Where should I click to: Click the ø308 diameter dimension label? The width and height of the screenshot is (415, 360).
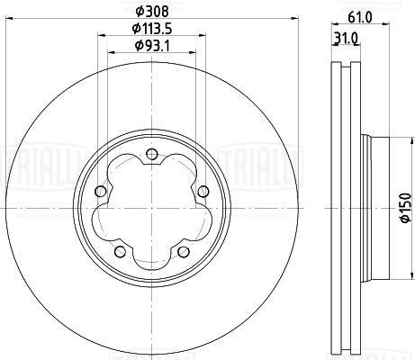[x=152, y=12]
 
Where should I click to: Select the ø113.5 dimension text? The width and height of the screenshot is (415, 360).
[x=152, y=29]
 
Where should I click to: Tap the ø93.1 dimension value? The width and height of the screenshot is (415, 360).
[x=152, y=46]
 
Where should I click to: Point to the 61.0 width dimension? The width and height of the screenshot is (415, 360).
[x=360, y=17]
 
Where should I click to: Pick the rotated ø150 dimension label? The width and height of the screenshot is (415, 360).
[x=405, y=208]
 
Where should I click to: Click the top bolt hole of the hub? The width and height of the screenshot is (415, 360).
[x=152, y=154]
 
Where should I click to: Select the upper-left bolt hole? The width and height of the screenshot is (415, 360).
[x=101, y=192]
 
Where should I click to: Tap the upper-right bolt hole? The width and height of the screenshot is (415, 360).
[x=203, y=192]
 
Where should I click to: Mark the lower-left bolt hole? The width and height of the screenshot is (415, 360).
[x=121, y=251]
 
